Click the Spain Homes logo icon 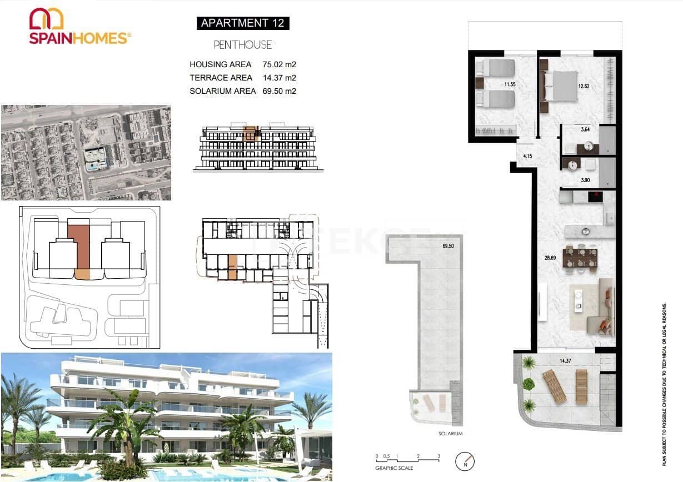pyautogui.click(x=46, y=18)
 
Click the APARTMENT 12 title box pyautogui.click(x=243, y=23)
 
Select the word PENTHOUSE pyautogui.click(x=243, y=44)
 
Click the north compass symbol pyautogui.click(x=466, y=460)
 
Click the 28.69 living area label pyautogui.click(x=550, y=258)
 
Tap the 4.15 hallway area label pyautogui.click(x=527, y=157)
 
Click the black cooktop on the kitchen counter pyautogui.click(x=595, y=195)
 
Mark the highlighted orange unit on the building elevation pyautogui.click(x=250, y=134)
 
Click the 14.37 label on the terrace pyautogui.click(x=565, y=361)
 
